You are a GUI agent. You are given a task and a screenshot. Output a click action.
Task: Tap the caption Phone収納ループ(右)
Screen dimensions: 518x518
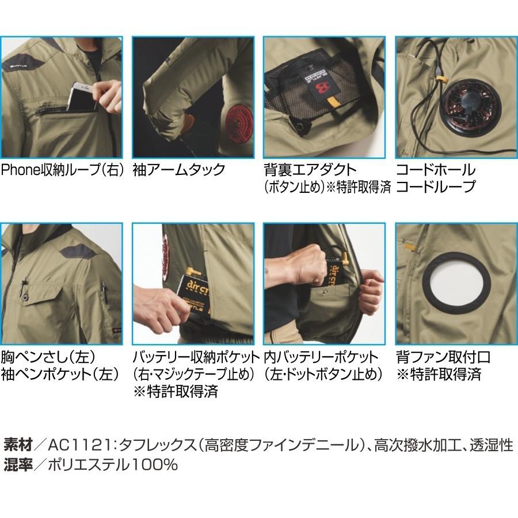[x=63, y=170]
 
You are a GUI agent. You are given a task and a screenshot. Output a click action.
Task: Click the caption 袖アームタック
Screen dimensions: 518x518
[x=178, y=170]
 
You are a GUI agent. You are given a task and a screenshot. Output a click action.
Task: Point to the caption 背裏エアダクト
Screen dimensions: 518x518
[x=310, y=170]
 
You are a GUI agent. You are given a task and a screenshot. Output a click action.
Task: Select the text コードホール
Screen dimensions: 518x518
[x=436, y=170]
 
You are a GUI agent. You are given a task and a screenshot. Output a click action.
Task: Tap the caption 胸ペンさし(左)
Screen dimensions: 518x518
[x=48, y=357]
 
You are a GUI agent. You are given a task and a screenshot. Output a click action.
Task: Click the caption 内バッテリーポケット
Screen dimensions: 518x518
[x=321, y=357]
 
